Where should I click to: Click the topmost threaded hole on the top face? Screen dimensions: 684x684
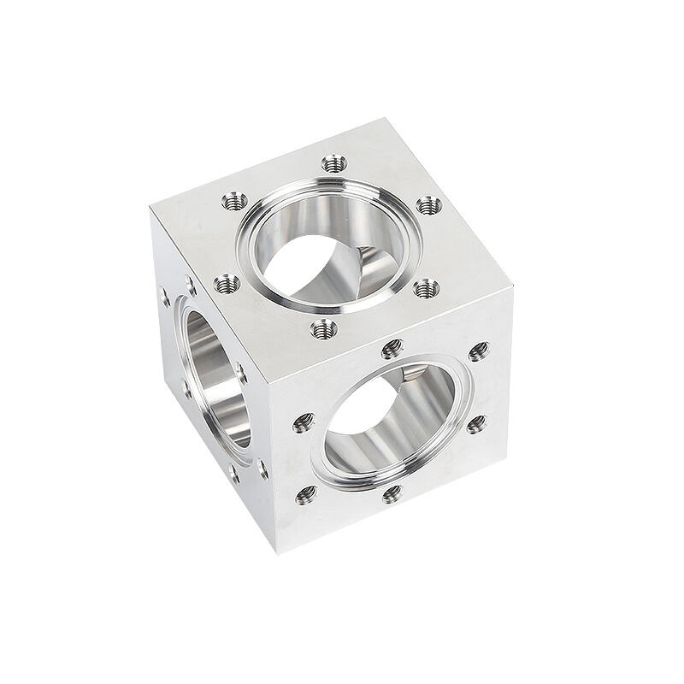pos(333,162)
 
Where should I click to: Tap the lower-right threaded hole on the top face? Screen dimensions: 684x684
pos(425,288)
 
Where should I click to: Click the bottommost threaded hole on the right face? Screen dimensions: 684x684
pos(392,493)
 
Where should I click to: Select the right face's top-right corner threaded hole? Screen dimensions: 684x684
pos(479,351)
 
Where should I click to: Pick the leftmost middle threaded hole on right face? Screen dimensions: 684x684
pos(304,421)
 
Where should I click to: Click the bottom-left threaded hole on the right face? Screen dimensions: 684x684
pos(305,493)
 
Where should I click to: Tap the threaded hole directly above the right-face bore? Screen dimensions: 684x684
pos(392,348)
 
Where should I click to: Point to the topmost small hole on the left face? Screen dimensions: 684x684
pos(189,279)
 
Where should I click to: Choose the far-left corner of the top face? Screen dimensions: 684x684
pos(150,206)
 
